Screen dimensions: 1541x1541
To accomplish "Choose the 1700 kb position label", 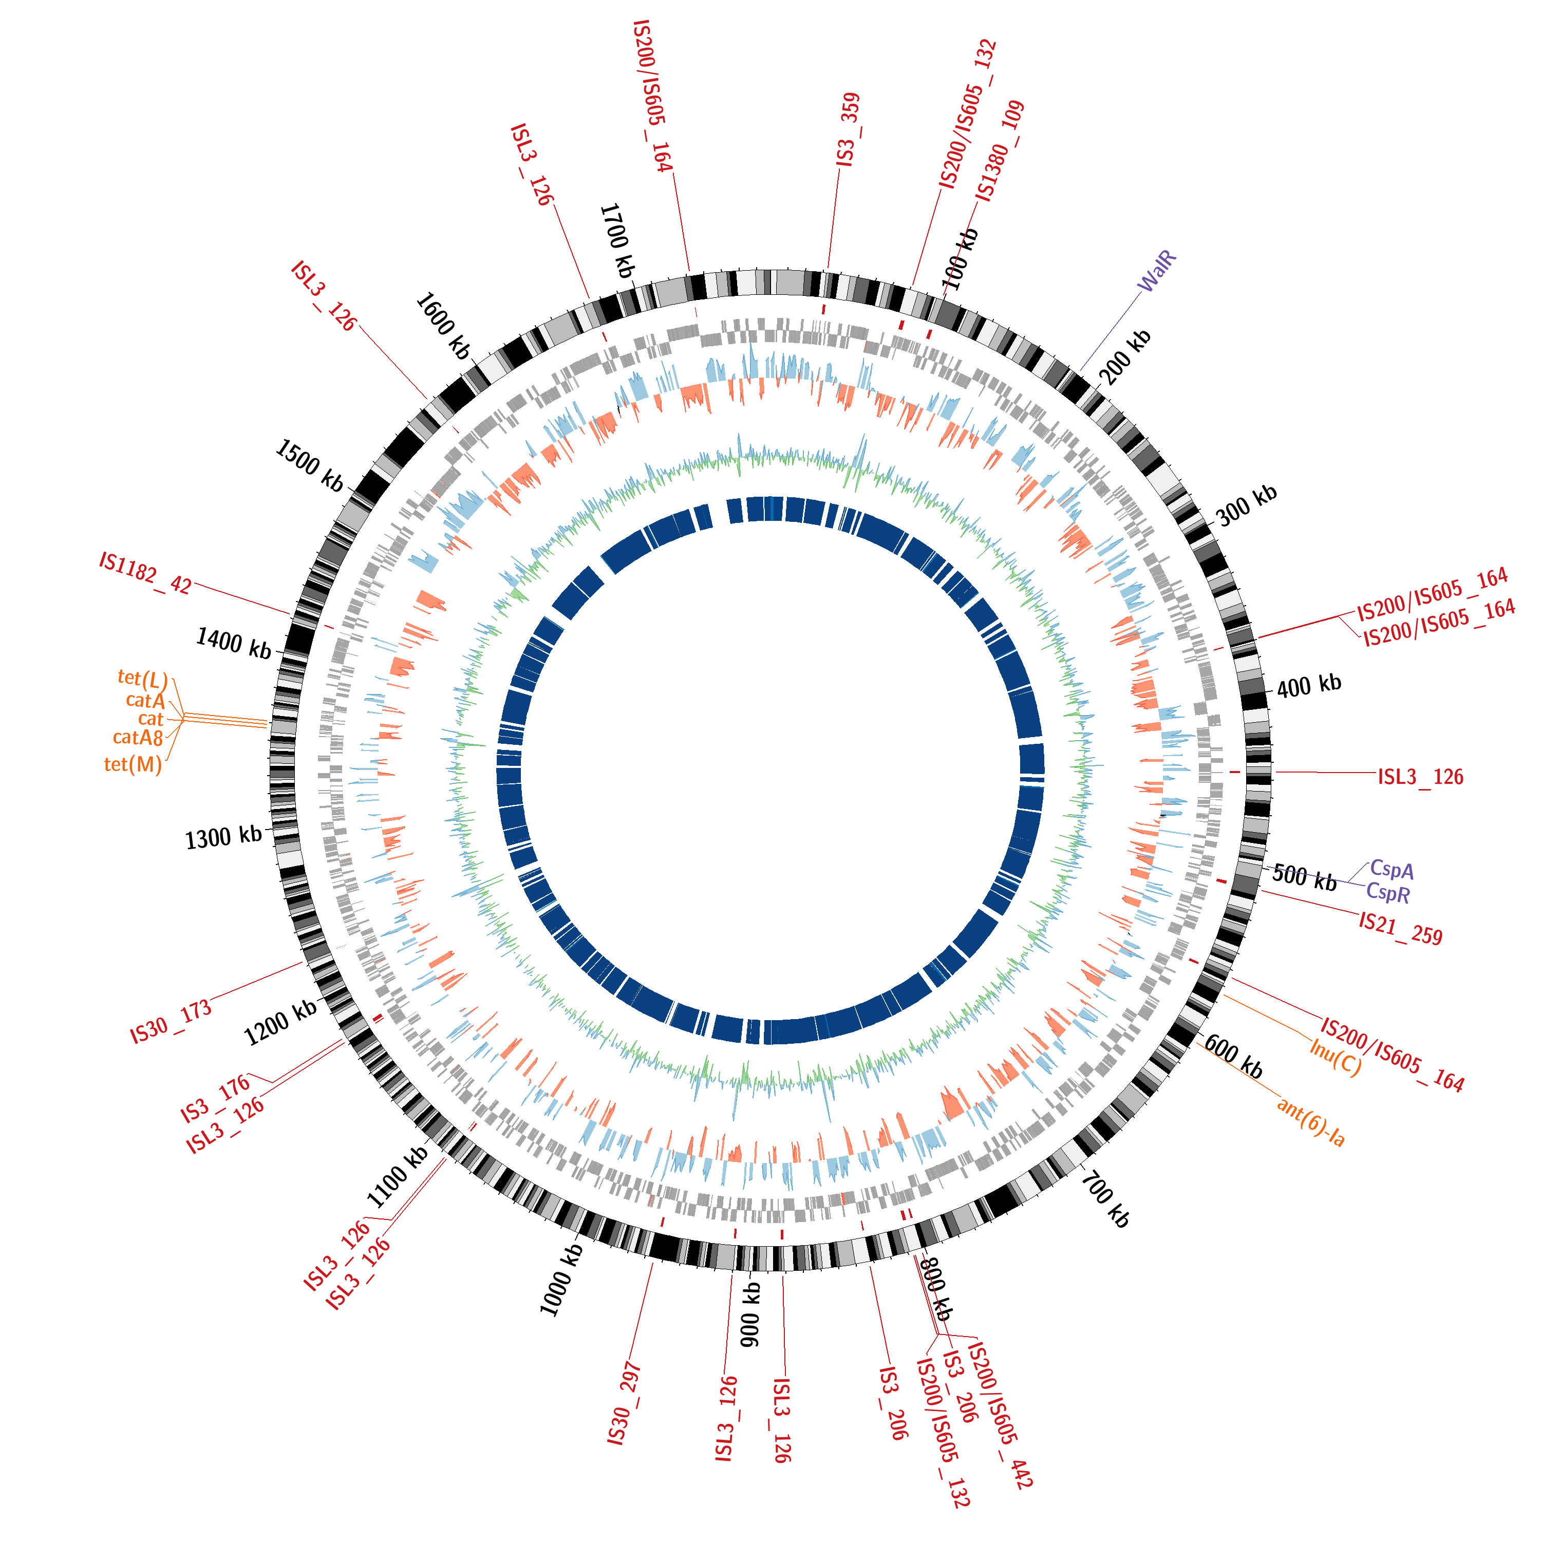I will click(616, 240).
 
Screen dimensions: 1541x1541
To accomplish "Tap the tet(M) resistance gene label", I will click(133, 765).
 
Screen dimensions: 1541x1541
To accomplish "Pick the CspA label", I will click(1392, 870).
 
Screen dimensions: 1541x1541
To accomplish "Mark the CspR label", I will click(1388, 893).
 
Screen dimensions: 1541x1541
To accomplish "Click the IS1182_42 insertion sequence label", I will click(146, 573).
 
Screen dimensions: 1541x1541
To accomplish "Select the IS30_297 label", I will click(624, 1404).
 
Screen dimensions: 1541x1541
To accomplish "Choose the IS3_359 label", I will click(848, 130).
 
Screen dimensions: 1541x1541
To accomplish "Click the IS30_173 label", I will click(172, 1021).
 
